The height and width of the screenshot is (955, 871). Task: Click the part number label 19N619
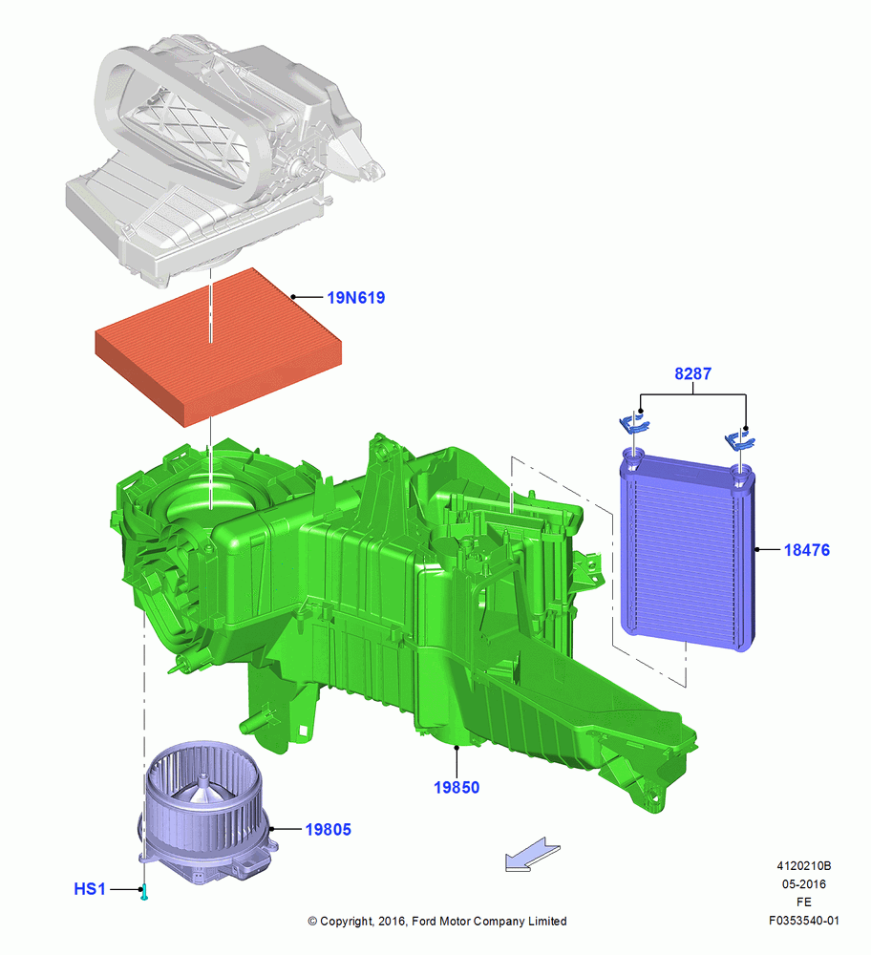coord(355,298)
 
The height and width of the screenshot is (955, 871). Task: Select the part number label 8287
coord(692,373)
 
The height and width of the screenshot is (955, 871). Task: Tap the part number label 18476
coord(806,550)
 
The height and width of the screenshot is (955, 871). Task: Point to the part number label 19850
coord(457,788)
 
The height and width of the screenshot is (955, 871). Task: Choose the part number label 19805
coord(328,830)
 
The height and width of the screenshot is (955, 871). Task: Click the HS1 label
coord(90,889)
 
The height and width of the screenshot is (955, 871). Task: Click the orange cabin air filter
coord(218,348)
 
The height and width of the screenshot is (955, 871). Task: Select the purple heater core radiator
coord(688,550)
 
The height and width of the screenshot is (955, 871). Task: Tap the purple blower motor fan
coord(207,810)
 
